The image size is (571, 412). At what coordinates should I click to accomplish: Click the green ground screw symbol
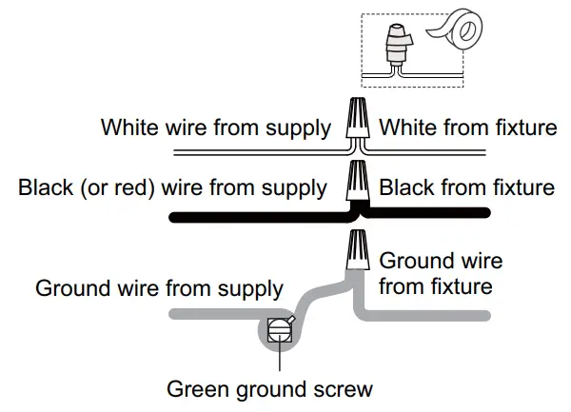coord(279,331)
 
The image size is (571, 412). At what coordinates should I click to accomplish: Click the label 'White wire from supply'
coord(216,127)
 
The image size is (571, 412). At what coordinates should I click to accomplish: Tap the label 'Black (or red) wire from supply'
coord(172,186)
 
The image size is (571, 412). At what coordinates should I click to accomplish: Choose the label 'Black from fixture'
coord(466,186)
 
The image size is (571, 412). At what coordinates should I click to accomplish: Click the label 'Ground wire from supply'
coord(159,287)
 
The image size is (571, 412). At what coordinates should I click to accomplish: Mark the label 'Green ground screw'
coord(269,388)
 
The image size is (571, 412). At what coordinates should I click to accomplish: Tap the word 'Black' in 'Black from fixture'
coord(407,186)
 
